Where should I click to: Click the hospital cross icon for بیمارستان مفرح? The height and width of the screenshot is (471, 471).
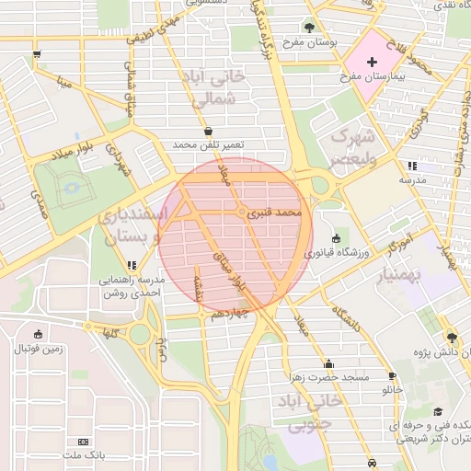tap(372, 63)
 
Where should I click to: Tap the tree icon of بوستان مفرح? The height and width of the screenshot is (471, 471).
tap(308, 28)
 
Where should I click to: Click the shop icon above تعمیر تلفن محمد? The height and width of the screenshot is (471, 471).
tap(208, 131)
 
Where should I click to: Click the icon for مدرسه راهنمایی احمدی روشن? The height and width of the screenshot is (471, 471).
tap(132, 265)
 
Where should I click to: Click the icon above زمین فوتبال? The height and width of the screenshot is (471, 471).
tap(38, 334)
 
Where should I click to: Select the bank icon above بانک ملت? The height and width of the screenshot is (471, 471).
tap(85, 442)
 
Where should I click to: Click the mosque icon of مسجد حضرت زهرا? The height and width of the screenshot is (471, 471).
tap(329, 363)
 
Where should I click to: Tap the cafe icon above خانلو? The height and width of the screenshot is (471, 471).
tap(393, 376)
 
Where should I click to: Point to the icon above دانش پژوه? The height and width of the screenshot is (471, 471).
tap(450, 337)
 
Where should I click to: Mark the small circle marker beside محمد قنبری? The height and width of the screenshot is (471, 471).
tap(242, 213)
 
